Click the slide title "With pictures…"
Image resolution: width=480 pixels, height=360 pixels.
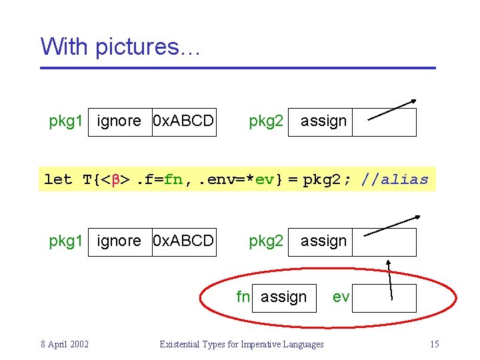coord(120,47)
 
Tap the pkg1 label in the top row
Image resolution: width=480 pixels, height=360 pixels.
coord(66,121)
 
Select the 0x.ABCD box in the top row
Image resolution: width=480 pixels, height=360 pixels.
coord(184,121)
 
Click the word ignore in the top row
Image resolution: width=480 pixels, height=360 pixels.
coord(119,121)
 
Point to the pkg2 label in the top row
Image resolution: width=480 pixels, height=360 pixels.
coord(266,121)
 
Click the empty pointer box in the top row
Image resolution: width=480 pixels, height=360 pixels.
coord(384,122)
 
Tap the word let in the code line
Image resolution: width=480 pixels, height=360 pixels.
coord(58,179)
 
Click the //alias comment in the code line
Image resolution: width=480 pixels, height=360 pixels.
coord(395,179)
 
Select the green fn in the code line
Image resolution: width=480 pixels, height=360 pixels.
coord(173,179)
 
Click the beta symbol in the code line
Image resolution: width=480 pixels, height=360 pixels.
coord(114,179)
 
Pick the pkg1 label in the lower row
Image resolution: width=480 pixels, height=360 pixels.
coord(66,241)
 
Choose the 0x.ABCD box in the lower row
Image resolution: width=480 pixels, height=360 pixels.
coord(184,241)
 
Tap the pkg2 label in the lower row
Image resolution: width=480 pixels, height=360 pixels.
coord(266,241)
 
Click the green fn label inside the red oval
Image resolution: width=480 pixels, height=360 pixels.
coord(243,297)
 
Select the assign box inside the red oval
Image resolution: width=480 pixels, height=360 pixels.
coord(284,297)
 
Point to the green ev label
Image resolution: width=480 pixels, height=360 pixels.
coord(341,297)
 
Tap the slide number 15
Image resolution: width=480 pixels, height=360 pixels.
coord(434,344)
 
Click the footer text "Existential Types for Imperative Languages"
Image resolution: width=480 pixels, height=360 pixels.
coord(241,344)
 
